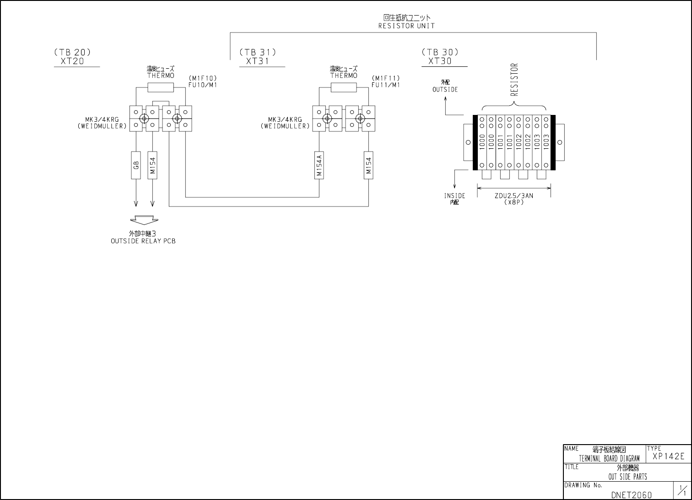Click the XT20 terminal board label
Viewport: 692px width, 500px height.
point(73,61)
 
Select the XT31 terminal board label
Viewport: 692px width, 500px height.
point(258,61)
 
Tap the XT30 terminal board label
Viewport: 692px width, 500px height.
point(440,61)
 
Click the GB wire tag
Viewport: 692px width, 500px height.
point(136,165)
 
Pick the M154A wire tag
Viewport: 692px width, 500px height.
point(319,165)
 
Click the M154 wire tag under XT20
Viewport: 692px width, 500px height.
point(153,165)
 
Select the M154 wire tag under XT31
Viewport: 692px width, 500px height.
point(368,165)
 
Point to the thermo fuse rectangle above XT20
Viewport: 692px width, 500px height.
point(161,88)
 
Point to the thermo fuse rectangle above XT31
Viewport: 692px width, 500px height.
point(344,88)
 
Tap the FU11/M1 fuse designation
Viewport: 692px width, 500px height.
point(385,85)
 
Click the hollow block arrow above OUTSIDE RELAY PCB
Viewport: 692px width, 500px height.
point(143,220)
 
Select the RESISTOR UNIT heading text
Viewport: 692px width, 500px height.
point(406,26)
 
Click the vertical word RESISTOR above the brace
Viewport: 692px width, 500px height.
point(514,80)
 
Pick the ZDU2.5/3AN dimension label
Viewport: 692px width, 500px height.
point(514,196)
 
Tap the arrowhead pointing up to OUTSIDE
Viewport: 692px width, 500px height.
point(445,99)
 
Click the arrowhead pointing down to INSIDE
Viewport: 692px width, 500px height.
point(454,186)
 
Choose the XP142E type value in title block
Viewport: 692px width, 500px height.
point(669,456)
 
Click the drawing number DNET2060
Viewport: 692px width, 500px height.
point(631,495)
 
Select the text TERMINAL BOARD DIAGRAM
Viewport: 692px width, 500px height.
point(609,458)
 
